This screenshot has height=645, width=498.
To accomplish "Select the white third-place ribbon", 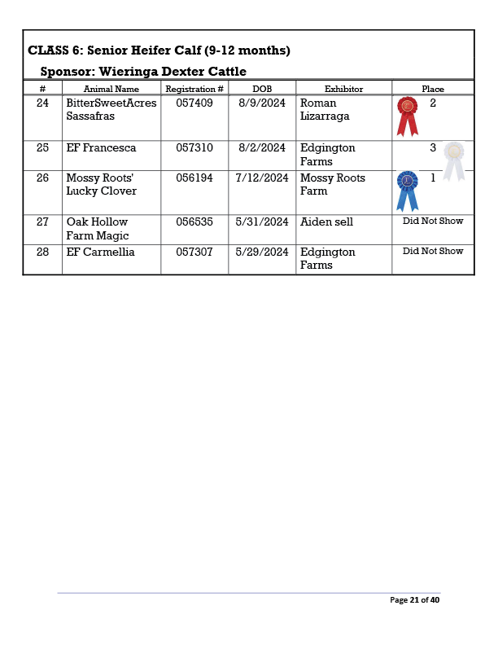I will (x=453, y=159).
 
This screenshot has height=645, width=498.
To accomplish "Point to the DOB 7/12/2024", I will (x=261, y=178).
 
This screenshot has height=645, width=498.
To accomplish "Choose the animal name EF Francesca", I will (x=101, y=148).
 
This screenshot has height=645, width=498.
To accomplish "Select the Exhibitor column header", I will (x=343, y=89).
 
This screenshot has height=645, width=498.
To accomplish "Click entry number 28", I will (x=42, y=252).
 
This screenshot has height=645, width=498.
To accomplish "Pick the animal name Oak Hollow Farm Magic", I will (x=98, y=229).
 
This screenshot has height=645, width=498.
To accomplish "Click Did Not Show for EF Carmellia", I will (x=433, y=251).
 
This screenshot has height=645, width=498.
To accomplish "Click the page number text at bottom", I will (x=414, y=600).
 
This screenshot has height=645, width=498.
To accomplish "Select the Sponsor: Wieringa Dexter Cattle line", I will (x=143, y=72).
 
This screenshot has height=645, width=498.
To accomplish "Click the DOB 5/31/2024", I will (x=261, y=222).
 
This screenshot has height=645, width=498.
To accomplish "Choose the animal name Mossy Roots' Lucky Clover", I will (x=102, y=184).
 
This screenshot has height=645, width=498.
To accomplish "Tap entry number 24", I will (x=42, y=103).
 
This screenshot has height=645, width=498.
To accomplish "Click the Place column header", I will (x=433, y=89).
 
